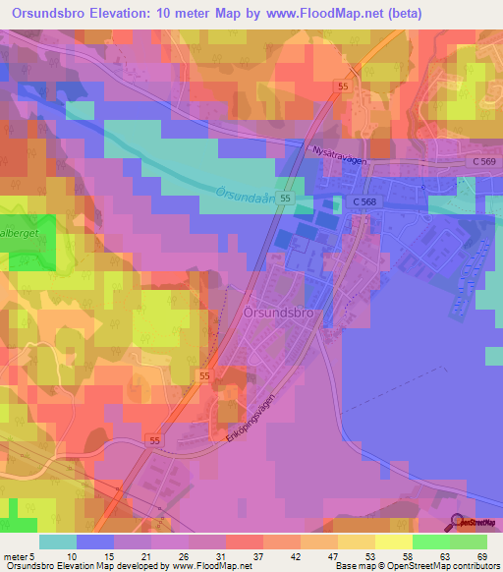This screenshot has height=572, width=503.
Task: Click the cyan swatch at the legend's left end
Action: [x=58, y=542]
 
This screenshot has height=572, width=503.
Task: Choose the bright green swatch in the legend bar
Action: [x=431, y=542]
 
